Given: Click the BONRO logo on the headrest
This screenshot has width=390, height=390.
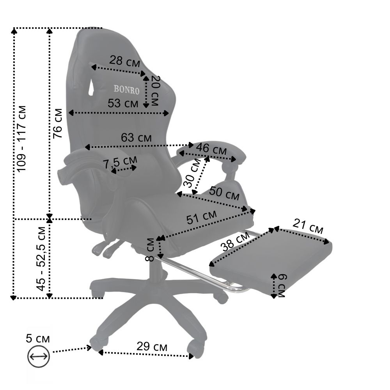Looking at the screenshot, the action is coord(126,90).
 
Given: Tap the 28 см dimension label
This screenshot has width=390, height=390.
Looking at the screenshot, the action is coord(125,61).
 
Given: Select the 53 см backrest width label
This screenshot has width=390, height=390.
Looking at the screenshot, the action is coord(123,103).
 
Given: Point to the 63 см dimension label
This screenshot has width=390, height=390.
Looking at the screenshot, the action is coord(136,138).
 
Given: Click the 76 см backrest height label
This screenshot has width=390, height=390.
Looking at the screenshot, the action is coord(58,123).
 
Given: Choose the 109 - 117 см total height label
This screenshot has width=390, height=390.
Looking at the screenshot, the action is coord(21,138).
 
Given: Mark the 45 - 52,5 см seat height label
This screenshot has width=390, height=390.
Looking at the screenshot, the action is coord(41,259).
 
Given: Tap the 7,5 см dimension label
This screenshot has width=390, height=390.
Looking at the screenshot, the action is coord(120,162).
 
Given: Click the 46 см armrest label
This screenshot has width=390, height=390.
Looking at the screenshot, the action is coord(211,149).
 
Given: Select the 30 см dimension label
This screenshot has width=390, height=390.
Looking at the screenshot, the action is coord(192,173).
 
